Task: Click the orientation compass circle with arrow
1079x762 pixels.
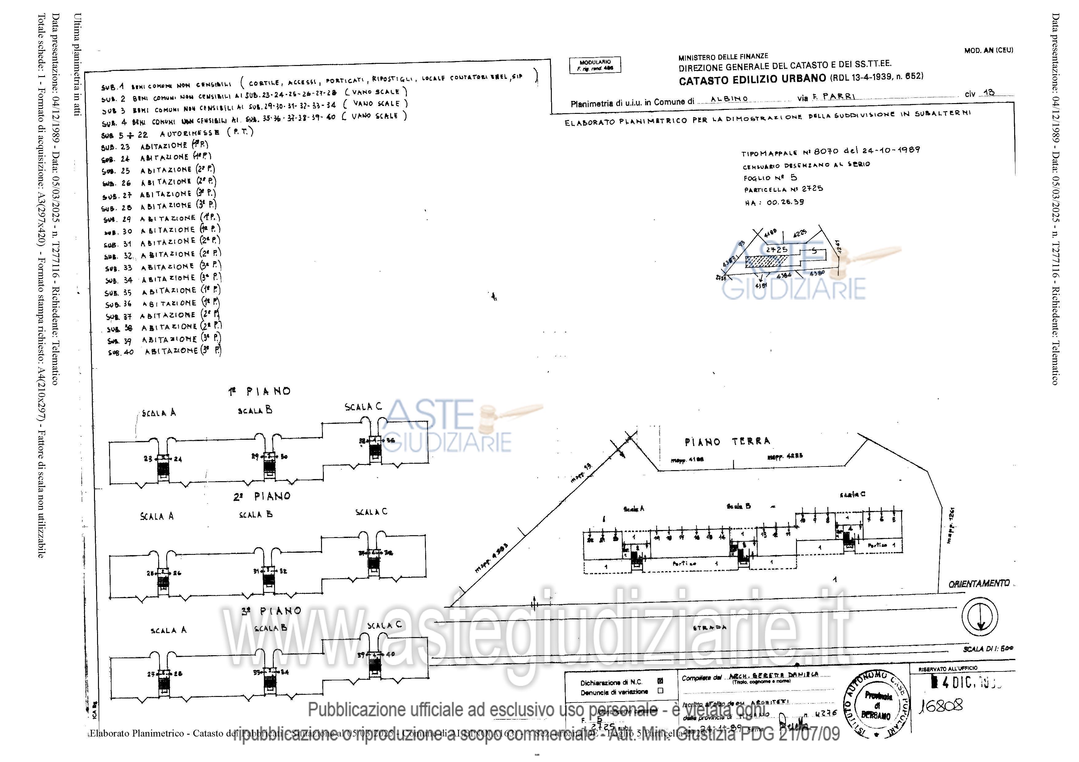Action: (979, 616)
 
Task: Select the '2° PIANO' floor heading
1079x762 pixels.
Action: (262, 496)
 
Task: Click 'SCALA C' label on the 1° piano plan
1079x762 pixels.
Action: (363, 407)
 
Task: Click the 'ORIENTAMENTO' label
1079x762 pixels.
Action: (979, 584)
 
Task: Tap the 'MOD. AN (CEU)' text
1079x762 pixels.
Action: (988, 50)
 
